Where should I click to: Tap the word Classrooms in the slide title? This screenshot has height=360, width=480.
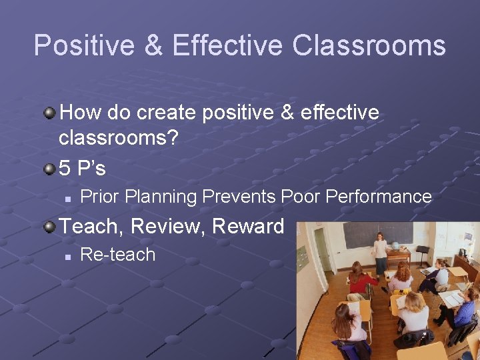coord(369,46)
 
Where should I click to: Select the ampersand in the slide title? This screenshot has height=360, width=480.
coord(153,46)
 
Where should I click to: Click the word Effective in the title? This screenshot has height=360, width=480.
coord(227,46)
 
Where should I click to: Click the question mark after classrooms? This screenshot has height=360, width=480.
coord(172,138)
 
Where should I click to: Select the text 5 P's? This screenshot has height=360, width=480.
coord(83,168)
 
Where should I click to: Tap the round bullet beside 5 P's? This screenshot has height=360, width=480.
coord(49,168)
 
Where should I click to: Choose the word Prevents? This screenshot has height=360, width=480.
coord(239,197)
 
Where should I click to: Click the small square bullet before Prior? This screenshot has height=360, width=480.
coord(67,198)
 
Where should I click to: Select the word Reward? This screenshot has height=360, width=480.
coord(248,226)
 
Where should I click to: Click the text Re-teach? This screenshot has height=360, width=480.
coord(117,255)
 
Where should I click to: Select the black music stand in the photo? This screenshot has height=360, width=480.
coord(422,253)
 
